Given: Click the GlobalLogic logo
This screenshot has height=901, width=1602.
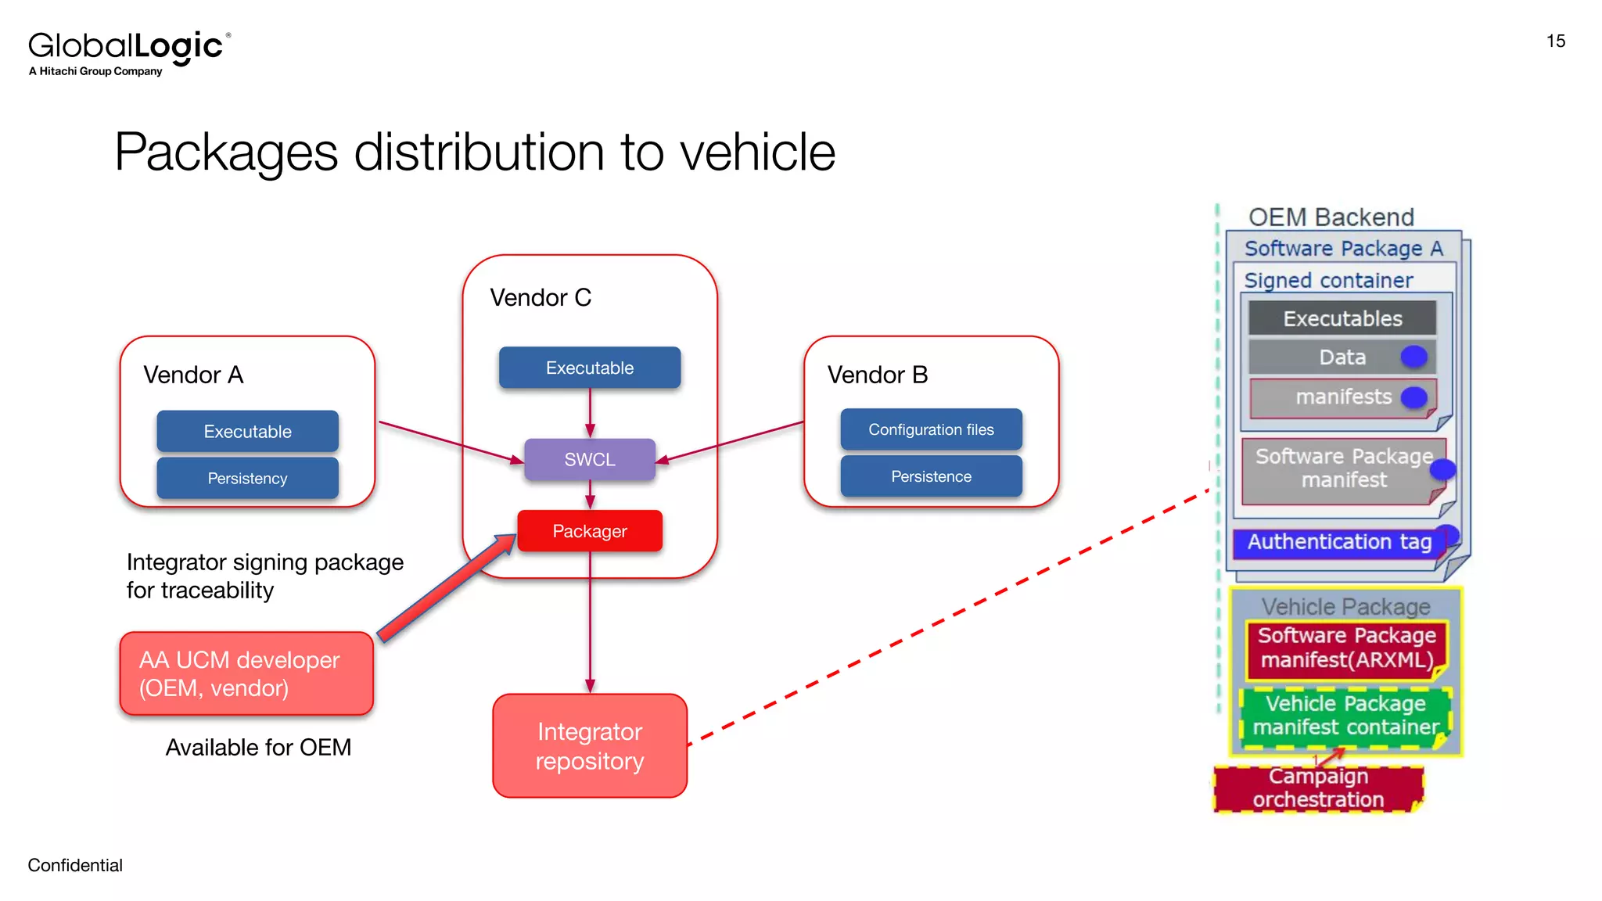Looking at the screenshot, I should tap(129, 52).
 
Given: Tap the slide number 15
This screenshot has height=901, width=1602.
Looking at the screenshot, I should tap(1555, 41).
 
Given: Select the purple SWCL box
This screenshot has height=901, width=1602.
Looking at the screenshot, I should tap(590, 459).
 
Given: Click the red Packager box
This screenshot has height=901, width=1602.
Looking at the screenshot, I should tap(590, 531).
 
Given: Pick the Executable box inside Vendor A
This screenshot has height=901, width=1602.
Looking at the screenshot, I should tap(247, 431).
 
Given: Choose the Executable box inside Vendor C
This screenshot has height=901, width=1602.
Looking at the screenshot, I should tap(590, 368).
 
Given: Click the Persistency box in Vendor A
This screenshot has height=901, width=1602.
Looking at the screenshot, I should tap(247, 478).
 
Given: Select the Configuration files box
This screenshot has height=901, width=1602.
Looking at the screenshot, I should tap(931, 429).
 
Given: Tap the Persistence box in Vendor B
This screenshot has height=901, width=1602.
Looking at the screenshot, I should tap(931, 476).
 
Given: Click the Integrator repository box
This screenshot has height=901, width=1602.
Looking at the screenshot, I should tap(590, 745).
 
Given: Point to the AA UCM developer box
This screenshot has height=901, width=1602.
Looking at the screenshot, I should tap(246, 673).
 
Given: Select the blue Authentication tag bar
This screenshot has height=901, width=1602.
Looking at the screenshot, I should tap(1338, 542).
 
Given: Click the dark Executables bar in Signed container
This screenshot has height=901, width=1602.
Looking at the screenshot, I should tap(1342, 318).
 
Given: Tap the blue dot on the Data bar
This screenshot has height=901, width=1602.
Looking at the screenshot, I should tap(1413, 357).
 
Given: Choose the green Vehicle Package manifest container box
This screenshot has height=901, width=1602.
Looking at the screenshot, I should tap(1345, 716).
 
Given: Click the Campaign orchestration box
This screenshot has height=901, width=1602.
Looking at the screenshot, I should tap(1318, 788).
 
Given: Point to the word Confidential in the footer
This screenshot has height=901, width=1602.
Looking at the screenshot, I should tap(75, 865).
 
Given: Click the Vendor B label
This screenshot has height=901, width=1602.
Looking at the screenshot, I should tap(878, 375).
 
